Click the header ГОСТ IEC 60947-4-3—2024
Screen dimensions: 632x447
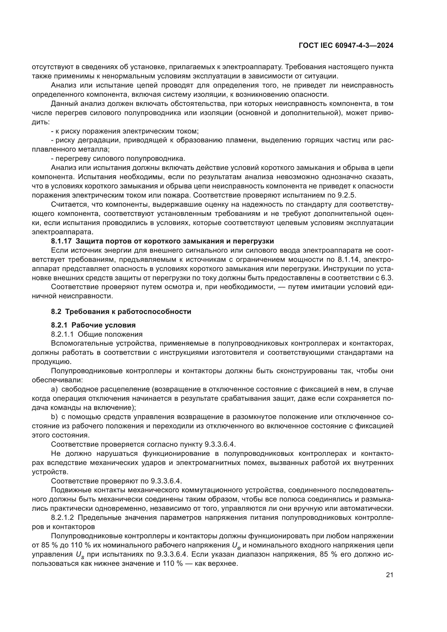346,45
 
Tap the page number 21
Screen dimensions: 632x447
389,575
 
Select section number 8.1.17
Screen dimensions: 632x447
61,241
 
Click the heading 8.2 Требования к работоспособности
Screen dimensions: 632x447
121,312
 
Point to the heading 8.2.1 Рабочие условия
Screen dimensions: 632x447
93,325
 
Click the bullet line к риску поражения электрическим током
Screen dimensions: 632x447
125,131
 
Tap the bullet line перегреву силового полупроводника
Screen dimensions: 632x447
118,159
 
